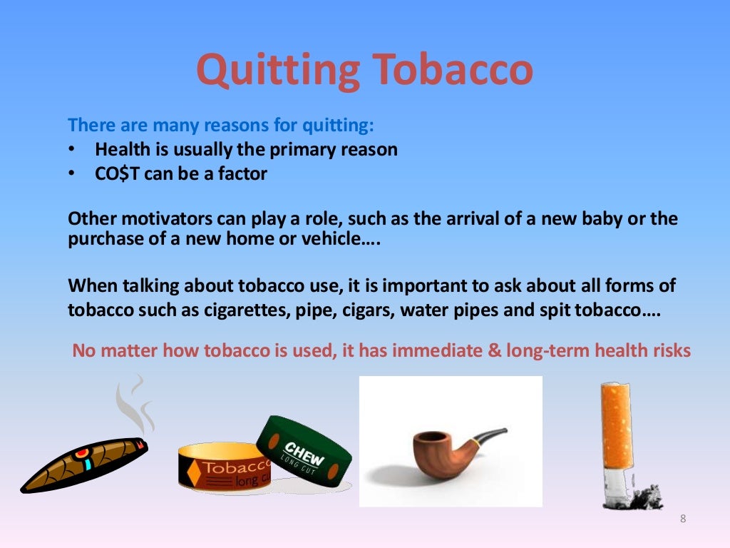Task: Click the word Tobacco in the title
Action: (x=451, y=70)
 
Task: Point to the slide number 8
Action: (x=683, y=519)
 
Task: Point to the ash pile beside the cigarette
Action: (x=645, y=496)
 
